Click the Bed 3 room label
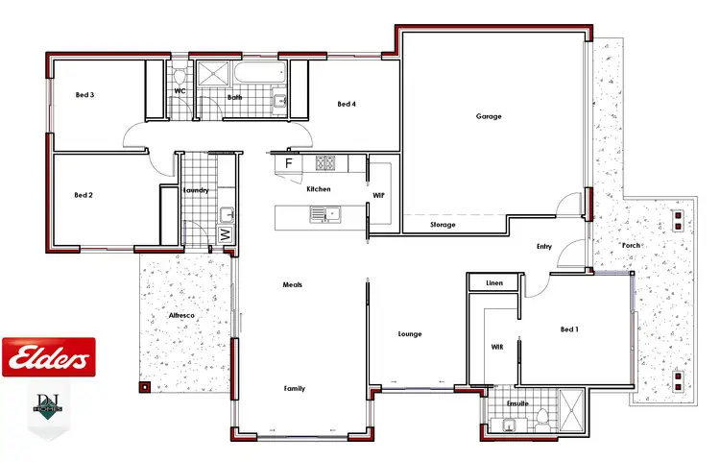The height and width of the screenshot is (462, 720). tap(84, 94)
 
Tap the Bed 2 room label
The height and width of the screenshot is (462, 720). tap(84, 195)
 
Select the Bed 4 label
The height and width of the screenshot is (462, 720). tap(347, 104)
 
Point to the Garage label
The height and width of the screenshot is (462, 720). tap(489, 116)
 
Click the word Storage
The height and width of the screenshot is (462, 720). tap(443, 225)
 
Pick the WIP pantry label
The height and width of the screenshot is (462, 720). tap(378, 195)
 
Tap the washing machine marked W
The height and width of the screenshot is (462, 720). tap(225, 233)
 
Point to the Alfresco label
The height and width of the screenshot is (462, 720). tap(181, 314)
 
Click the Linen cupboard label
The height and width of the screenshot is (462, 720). tap(494, 283)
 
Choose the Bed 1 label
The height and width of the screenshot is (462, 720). tap(569, 329)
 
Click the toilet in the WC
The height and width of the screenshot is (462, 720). tap(180, 78)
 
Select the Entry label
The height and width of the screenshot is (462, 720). tap(544, 247)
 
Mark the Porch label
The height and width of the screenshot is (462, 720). tap(631, 245)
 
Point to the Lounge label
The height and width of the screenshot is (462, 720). tap(410, 334)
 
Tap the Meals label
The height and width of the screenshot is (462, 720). tap(292, 285)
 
